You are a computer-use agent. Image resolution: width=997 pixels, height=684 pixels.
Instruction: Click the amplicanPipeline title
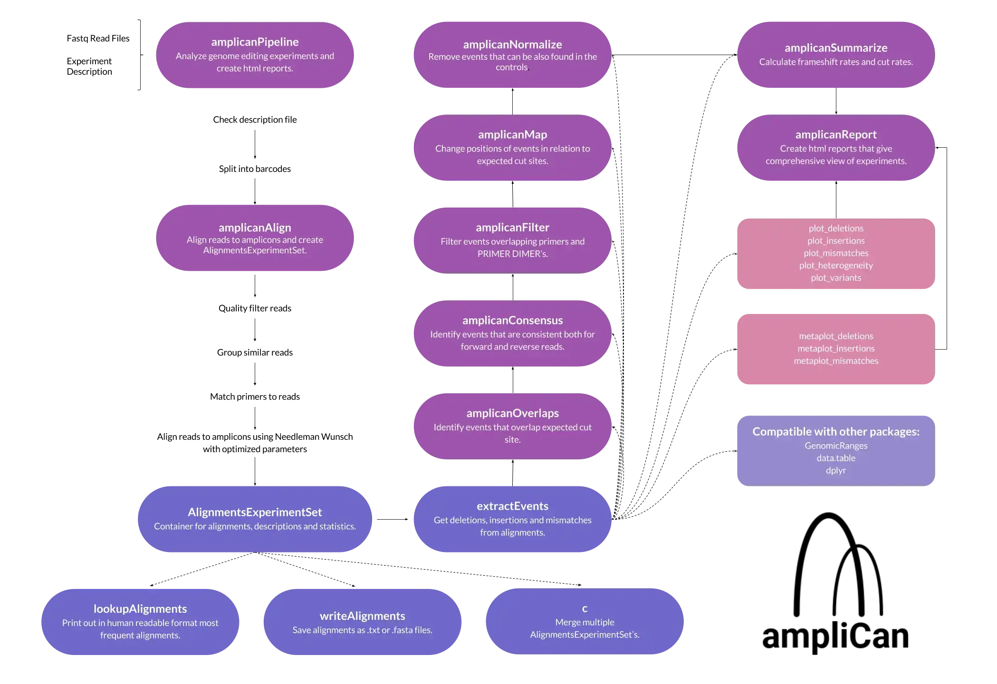255,42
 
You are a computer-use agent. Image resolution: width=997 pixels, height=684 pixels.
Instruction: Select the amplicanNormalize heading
512,45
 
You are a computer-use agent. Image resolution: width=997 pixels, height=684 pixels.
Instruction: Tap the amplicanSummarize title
836,48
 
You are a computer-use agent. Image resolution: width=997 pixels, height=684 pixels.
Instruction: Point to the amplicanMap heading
512,135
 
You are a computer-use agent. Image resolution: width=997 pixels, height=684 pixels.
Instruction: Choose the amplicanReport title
836,135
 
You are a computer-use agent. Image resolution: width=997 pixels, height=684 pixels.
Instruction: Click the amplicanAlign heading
255,228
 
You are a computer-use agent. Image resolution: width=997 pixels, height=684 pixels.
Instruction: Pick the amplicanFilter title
512,228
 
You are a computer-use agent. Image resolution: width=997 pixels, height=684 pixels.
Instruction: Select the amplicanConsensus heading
512,321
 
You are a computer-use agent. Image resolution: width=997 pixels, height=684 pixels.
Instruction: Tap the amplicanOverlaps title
512,413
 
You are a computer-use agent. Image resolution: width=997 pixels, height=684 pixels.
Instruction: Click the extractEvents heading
512,506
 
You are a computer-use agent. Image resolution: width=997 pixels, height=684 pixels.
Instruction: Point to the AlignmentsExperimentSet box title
255,513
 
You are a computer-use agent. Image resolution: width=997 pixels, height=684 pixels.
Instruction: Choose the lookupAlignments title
140,609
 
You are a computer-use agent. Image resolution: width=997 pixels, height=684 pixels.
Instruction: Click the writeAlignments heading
362,616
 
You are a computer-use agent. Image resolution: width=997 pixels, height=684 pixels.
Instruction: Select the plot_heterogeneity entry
836,266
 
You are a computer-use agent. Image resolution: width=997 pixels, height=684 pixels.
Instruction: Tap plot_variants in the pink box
836,278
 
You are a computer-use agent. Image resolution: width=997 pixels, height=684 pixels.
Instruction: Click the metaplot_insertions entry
836,349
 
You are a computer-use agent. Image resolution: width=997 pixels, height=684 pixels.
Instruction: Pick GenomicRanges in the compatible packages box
836,446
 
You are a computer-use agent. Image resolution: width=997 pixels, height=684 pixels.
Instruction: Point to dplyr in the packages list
836,471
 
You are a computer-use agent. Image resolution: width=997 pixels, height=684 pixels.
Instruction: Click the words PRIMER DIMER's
512,254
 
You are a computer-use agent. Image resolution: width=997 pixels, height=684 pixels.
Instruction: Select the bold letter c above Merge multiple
585,609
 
